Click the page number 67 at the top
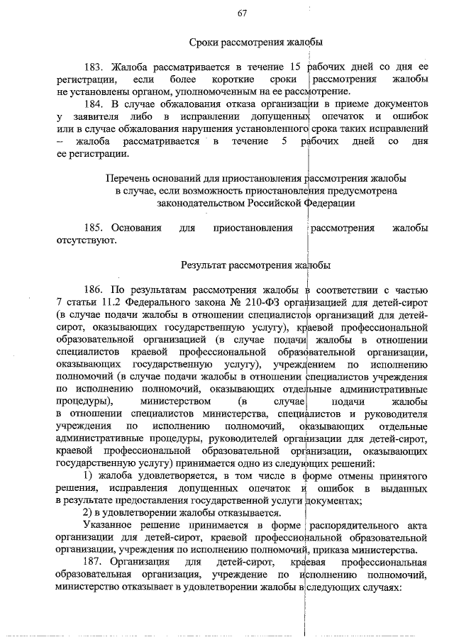point(241,13)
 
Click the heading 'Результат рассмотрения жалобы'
point(255,265)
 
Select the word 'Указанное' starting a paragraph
point(110,526)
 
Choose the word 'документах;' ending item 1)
point(332,501)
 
